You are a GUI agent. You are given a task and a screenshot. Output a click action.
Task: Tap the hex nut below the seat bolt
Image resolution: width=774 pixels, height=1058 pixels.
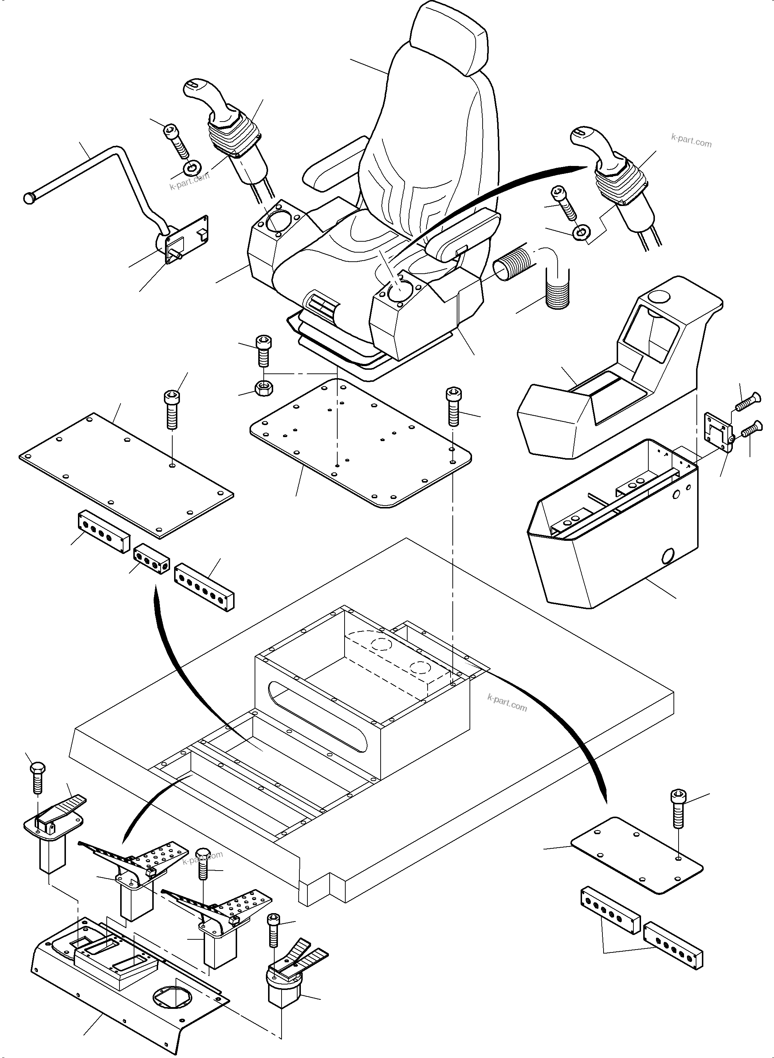(x=264, y=389)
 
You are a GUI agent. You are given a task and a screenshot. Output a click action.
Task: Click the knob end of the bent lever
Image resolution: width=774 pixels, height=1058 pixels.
(x=30, y=198)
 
